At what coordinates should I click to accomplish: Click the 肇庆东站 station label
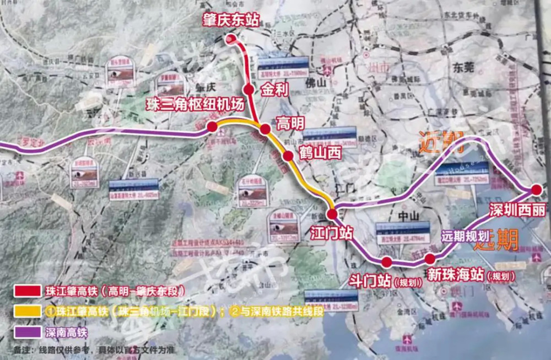tap(230, 21)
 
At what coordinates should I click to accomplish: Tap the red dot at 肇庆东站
tap(231, 39)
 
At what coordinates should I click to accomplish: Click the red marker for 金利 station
tap(249, 89)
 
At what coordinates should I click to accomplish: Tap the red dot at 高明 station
tap(265, 129)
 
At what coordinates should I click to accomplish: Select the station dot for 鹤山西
tap(288, 156)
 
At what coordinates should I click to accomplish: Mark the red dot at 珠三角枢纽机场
tap(212, 127)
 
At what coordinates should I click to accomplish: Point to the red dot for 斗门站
tap(387, 261)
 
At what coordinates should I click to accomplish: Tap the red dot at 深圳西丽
tap(536, 190)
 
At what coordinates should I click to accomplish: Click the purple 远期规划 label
tap(465, 237)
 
